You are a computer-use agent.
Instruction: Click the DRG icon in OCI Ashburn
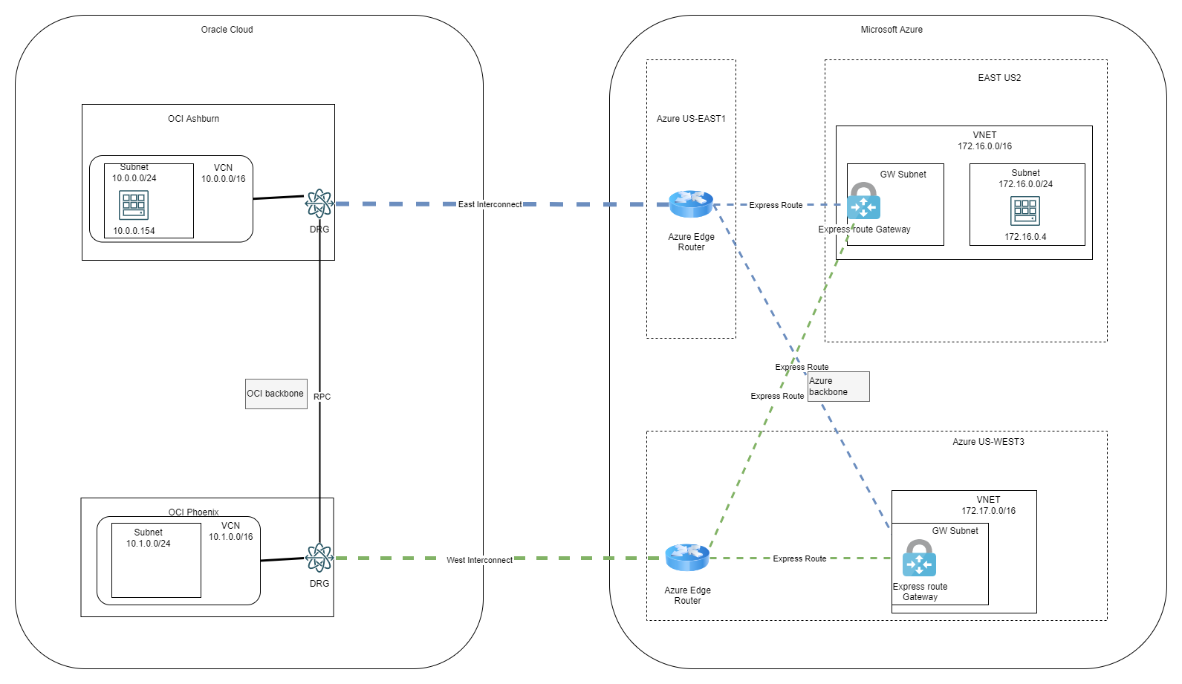[319, 203]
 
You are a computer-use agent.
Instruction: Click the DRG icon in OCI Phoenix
[319, 557]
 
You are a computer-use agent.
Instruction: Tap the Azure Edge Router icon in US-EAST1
[691, 203]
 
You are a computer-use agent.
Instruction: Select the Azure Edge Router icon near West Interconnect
[687, 557]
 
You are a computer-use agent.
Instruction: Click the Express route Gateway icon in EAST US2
[863, 201]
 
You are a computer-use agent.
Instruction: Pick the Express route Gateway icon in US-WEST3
[919, 558]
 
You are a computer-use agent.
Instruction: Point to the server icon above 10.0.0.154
[134, 205]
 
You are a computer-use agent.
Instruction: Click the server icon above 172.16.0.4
[1025, 211]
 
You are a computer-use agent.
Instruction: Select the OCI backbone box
[276, 394]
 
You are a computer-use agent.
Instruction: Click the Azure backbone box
[838, 386]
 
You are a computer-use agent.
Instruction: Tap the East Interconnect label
[490, 204]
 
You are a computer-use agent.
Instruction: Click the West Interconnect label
[479, 560]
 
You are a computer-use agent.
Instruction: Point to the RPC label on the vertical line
[322, 397]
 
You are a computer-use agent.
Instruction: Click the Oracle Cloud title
[227, 30]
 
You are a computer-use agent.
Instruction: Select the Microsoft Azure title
[892, 30]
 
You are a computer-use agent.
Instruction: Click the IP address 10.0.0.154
[134, 231]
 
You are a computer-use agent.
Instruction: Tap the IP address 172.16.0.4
[1025, 237]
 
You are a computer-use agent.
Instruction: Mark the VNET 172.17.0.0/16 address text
[988, 511]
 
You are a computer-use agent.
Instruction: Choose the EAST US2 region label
[999, 78]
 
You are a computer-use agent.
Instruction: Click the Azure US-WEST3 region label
[988, 442]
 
